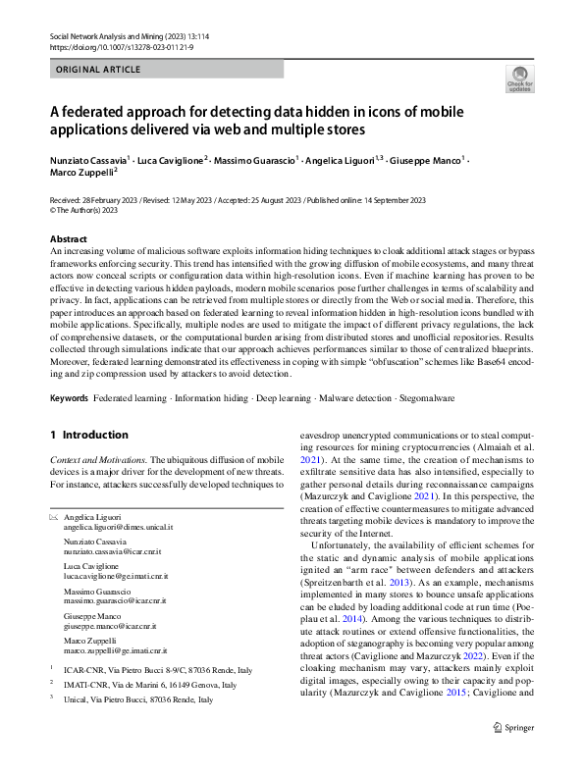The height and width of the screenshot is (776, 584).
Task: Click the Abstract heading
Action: [71, 239]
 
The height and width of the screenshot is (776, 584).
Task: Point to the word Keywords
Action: [69, 399]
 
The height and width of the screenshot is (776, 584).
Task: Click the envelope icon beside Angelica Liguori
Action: [54, 516]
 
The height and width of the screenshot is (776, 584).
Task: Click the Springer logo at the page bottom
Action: [514, 753]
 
